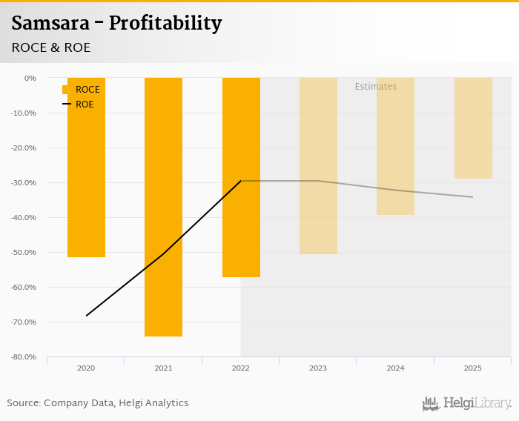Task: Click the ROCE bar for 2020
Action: (x=86, y=168)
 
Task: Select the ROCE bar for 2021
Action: (x=163, y=207)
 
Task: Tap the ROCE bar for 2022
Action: (x=241, y=177)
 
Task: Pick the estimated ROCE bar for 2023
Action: (x=318, y=166)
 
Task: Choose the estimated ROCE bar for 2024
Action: (x=395, y=146)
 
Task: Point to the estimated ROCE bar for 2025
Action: (x=473, y=128)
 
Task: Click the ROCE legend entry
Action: (x=82, y=90)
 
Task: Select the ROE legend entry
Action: (x=79, y=105)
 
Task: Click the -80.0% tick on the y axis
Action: (x=25, y=357)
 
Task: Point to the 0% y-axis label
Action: (x=30, y=78)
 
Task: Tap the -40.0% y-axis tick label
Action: (x=25, y=217)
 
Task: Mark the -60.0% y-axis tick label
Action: (x=25, y=288)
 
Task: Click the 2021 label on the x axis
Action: (x=163, y=368)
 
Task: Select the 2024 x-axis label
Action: (x=395, y=368)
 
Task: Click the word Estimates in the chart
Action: (x=375, y=87)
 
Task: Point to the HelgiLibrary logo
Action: (x=466, y=403)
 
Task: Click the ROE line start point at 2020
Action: (x=86, y=316)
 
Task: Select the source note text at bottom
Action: (x=98, y=403)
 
